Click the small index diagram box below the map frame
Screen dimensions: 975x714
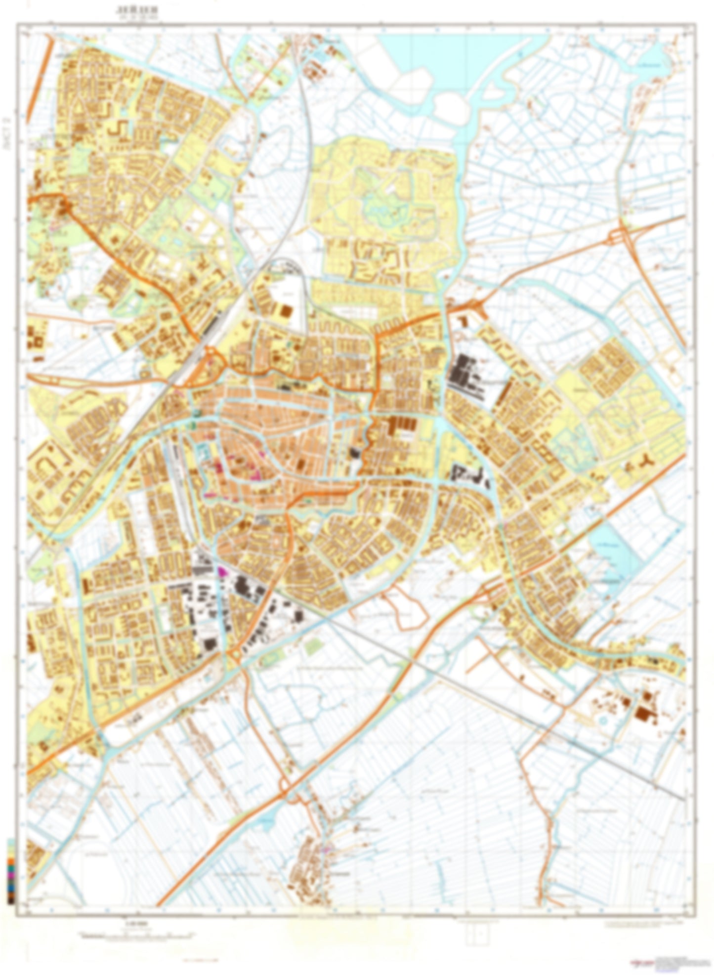(477, 931)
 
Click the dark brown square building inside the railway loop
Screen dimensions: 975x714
(286, 311)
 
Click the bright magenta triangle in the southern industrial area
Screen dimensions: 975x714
(221, 571)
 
